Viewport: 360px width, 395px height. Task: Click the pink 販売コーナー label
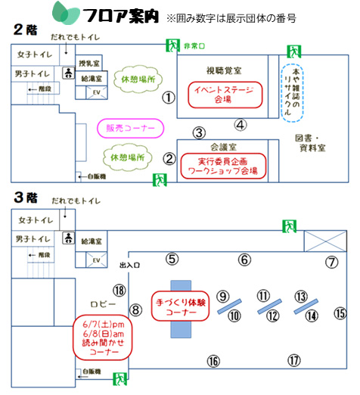pos(130,128)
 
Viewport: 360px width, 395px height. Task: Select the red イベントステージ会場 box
pos(225,95)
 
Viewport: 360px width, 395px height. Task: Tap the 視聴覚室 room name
pos(224,70)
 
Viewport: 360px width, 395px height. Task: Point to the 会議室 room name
pos(223,147)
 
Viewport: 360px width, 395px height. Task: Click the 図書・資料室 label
pos(310,143)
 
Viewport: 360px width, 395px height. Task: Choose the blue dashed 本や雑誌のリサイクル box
pos(292,93)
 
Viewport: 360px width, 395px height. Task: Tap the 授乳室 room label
pos(89,63)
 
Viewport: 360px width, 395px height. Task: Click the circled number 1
pos(169,98)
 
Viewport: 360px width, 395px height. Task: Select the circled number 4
pos(241,125)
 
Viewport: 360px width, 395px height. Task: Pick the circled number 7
pos(331,263)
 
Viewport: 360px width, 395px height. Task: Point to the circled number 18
pos(119,291)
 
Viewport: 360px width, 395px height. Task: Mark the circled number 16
pos(213,361)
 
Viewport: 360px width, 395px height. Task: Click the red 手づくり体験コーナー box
pos(180,306)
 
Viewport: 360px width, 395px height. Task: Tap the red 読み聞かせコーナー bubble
pos(102,337)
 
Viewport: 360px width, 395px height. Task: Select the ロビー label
pos(103,304)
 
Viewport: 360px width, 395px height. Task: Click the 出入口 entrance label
pos(129,265)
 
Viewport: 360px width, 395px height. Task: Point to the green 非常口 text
pos(194,46)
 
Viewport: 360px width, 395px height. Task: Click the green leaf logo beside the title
pos(66,13)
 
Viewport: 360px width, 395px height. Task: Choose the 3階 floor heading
pos(26,197)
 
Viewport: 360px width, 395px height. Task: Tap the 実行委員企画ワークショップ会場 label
pos(223,166)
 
